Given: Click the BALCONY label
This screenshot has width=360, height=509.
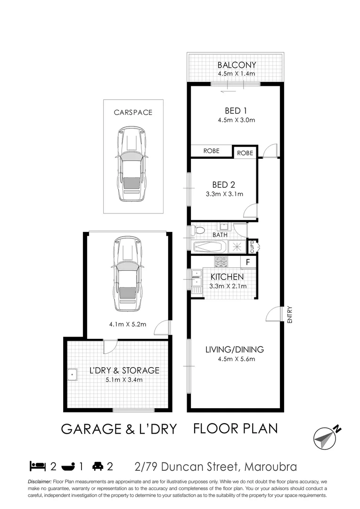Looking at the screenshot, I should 237,65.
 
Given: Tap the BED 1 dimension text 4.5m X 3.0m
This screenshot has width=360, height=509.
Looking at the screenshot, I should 236,120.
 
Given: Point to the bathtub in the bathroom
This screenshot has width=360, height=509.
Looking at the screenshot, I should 211,246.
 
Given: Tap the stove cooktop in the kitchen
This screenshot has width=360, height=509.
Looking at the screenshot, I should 221,261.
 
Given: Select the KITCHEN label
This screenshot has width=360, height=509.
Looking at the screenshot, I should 227,277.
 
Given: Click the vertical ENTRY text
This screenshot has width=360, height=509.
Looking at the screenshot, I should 290,315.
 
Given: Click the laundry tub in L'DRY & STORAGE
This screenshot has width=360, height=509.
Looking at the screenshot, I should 73,375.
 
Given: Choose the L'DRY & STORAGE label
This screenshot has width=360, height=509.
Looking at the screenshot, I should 124,370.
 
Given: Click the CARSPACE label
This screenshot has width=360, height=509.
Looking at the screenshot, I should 133,113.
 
